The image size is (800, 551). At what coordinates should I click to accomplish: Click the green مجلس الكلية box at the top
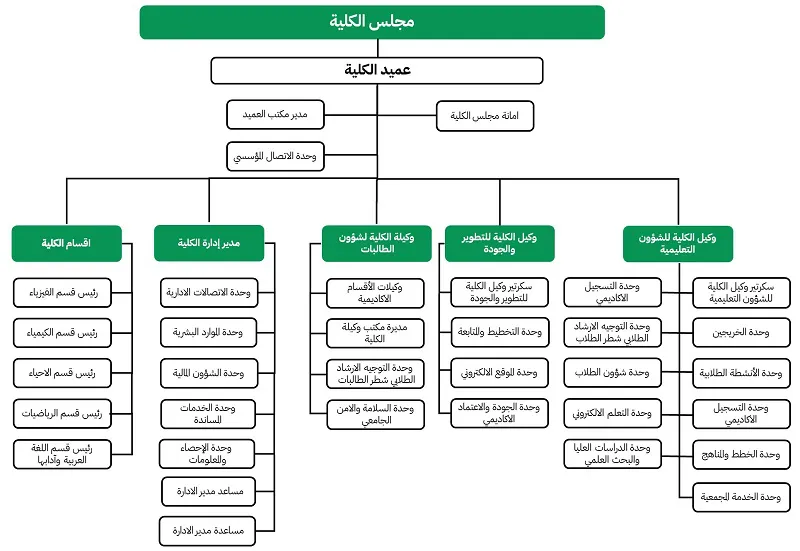(372, 22)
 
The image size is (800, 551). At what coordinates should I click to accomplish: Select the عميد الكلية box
(376, 70)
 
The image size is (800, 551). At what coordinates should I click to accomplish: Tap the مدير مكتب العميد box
(275, 116)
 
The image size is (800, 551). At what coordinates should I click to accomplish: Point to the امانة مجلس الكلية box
(484, 116)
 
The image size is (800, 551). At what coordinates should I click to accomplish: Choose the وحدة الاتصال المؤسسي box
(275, 156)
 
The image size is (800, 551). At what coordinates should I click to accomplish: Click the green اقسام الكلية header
(66, 243)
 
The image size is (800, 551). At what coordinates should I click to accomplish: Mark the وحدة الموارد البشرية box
(208, 332)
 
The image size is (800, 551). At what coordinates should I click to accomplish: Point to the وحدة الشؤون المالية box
(208, 373)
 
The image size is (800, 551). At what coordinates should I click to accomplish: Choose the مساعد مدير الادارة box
(208, 492)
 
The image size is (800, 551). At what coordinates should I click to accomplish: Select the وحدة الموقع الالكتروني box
(498, 373)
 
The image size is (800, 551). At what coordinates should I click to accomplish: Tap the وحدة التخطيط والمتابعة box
(498, 332)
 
